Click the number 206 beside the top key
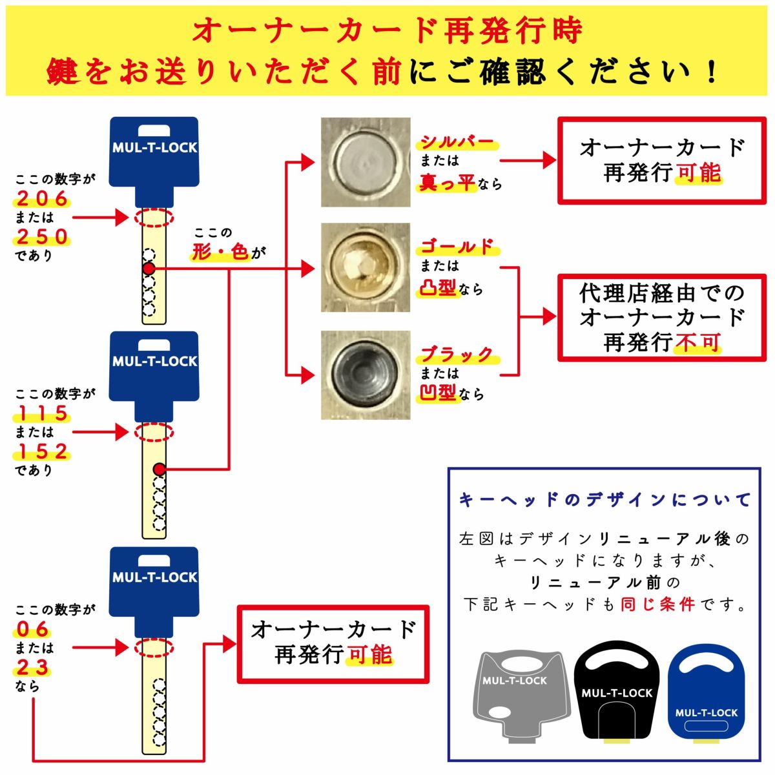tap(43, 198)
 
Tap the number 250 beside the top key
tap(43, 237)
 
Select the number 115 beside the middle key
tap(43, 413)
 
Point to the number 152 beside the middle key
tap(43, 451)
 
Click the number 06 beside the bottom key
tap(33, 629)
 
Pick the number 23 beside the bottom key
tap(33, 667)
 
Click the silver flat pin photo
tap(366, 162)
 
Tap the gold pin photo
tap(366, 267)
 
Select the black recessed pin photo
tap(366, 375)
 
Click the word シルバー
tap(457, 142)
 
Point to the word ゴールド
tap(457, 247)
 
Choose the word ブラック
tap(457, 354)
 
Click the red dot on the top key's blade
tap(149, 268)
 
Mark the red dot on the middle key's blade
tap(159, 469)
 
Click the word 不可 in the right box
tap(697, 342)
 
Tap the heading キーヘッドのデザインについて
tap(604, 500)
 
